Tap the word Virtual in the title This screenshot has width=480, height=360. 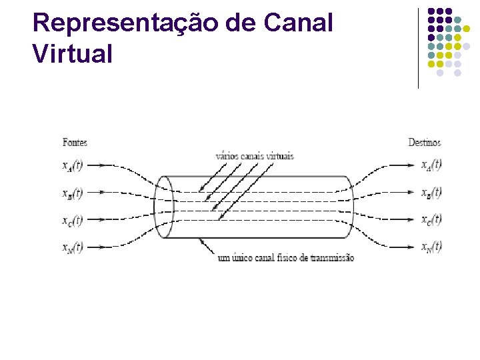tap(73, 53)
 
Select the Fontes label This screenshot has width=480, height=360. tap(75, 142)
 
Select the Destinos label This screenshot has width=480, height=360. tap(424, 142)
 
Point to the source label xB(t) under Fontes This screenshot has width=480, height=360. tap(72, 193)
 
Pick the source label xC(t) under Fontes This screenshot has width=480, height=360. tap(72, 220)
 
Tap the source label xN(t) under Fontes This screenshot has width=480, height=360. tap(72, 247)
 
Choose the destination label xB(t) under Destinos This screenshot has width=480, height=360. tap(431, 193)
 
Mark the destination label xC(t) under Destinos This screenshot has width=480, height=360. tap(431, 219)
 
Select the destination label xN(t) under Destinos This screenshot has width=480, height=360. tap(431, 247)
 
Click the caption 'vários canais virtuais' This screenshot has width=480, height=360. tap(254, 156)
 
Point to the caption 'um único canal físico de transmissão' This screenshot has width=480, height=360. tap(286, 257)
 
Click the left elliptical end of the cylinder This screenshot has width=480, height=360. tap(163, 207)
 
